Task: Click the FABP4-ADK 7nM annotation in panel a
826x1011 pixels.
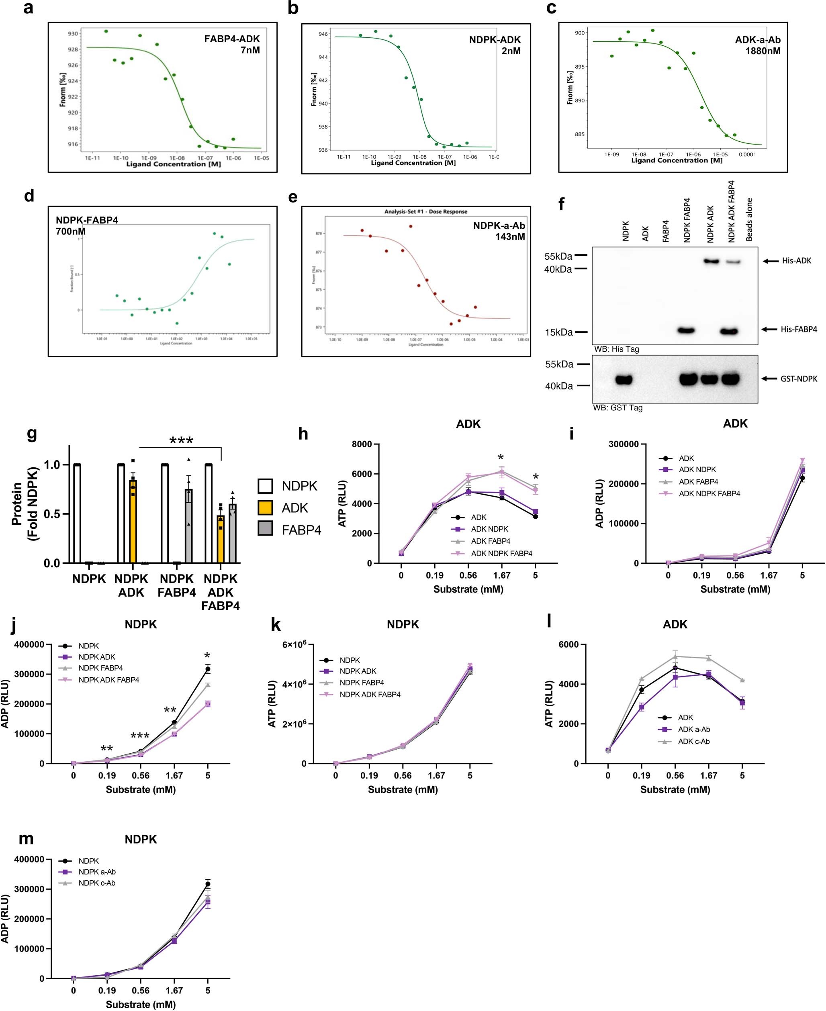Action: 232,44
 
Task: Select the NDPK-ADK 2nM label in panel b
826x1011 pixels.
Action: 495,45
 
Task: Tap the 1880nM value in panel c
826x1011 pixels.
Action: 762,51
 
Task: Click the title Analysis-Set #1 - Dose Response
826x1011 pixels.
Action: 425,212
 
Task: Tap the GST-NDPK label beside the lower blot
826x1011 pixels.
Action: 798,379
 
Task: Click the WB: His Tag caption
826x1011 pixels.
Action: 616,349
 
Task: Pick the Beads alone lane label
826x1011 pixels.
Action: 749,220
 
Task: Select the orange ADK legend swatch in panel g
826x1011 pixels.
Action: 265,508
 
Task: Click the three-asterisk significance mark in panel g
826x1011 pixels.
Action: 181,441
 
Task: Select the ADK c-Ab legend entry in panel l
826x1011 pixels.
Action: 693,741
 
